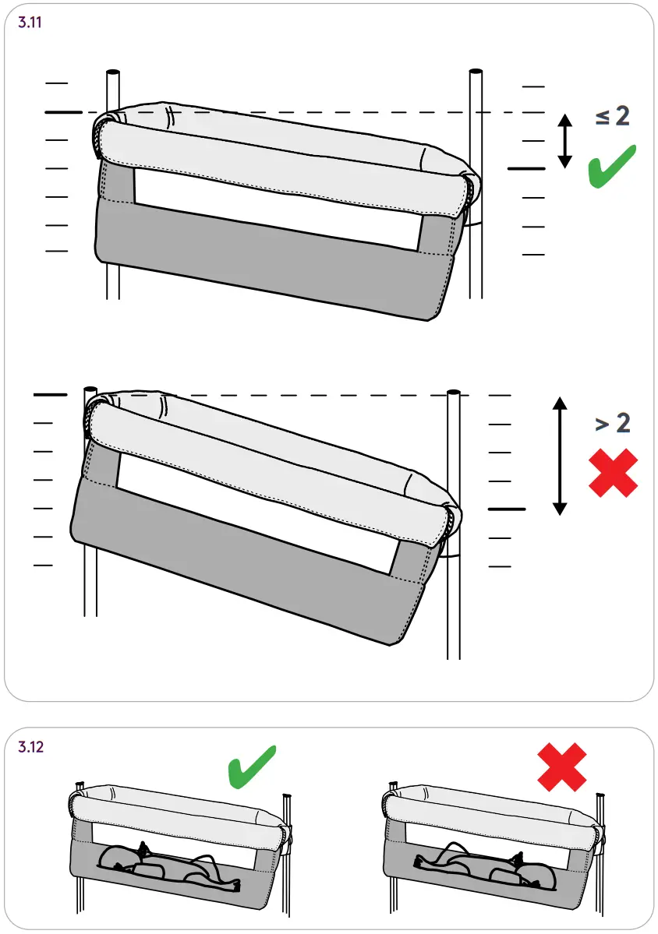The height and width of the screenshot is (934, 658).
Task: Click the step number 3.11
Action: tap(30, 22)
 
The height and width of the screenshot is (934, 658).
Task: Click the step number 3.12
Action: tap(30, 747)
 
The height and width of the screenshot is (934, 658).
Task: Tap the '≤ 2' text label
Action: tap(612, 117)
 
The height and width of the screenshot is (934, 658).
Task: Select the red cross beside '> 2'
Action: tap(613, 473)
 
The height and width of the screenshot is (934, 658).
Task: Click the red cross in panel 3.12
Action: tap(562, 767)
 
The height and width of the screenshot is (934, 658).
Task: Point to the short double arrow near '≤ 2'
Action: tap(565, 141)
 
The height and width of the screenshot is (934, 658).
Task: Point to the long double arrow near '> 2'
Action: tap(558, 456)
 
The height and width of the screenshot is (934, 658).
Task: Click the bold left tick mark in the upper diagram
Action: tap(63, 113)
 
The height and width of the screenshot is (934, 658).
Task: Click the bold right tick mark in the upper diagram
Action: tap(526, 168)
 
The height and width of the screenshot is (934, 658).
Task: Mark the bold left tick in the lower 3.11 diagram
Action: tap(51, 396)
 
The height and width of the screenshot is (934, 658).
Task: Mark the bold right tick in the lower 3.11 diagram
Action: tap(507, 509)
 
